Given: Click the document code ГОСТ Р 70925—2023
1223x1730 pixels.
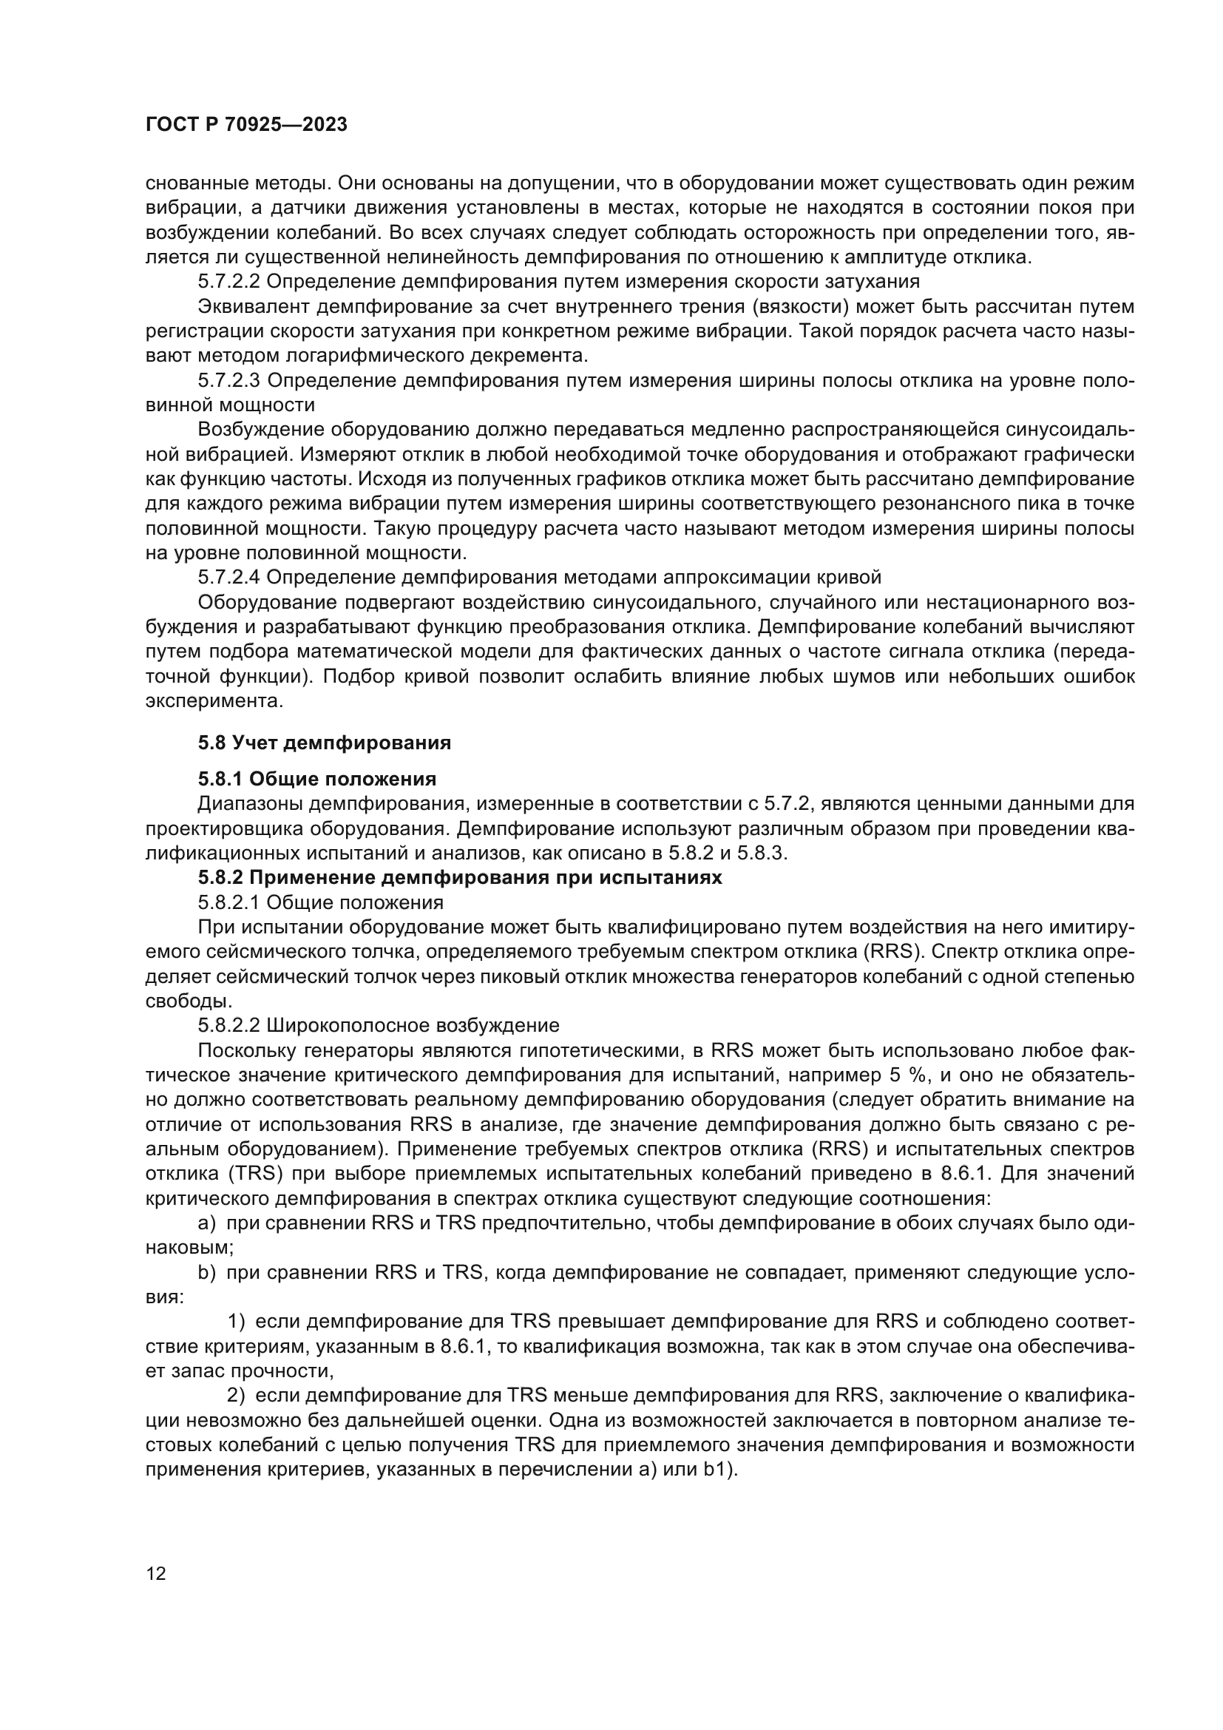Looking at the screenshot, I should click(x=245, y=125).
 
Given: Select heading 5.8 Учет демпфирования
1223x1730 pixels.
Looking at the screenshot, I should click(x=324, y=743).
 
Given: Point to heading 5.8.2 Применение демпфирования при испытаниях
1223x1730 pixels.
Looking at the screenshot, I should click(x=459, y=878).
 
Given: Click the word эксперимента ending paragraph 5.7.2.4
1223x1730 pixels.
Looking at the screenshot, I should click(x=213, y=700).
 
